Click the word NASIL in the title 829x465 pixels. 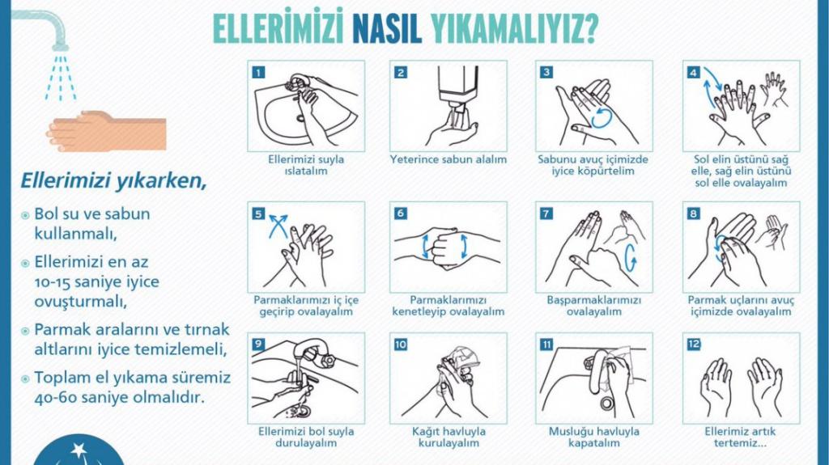pyautogui.click(x=387, y=28)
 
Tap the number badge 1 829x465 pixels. pyautogui.click(x=258, y=73)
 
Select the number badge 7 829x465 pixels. pyautogui.click(x=546, y=213)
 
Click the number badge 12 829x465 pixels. pyautogui.click(x=693, y=345)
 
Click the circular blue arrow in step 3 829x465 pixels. pyautogui.click(x=602, y=117)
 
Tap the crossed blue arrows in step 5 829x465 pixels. pyautogui.click(x=278, y=226)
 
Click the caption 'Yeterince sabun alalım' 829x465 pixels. pyautogui.click(x=449, y=159)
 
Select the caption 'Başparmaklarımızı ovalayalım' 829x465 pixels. pyautogui.click(x=593, y=306)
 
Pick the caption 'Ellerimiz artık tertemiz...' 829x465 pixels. pyautogui.click(x=740, y=437)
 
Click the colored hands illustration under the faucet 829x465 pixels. pyautogui.click(x=106, y=130)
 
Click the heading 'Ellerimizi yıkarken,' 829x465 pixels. pyautogui.click(x=113, y=180)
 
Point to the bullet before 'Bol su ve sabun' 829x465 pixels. pyautogui.click(x=25, y=215)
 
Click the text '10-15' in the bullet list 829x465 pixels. pyautogui.click(x=54, y=282)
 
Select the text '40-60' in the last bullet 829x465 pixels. pyautogui.click(x=55, y=397)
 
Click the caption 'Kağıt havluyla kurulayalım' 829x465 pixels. pyautogui.click(x=449, y=437)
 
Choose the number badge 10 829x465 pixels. pyautogui.click(x=400, y=345)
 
